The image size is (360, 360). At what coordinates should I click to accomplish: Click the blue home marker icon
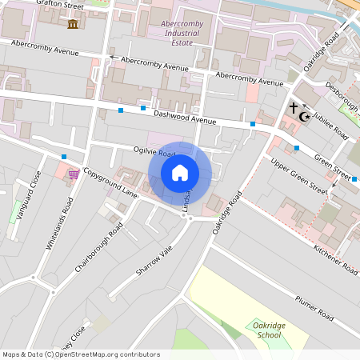point(180,173)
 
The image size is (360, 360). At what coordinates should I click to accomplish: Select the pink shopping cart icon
point(74,174)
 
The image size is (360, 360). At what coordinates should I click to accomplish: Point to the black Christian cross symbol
point(293,106)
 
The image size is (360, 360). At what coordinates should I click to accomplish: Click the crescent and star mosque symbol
point(303,117)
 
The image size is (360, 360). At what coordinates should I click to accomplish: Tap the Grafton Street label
point(61,4)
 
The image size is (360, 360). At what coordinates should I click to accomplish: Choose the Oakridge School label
point(266,330)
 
